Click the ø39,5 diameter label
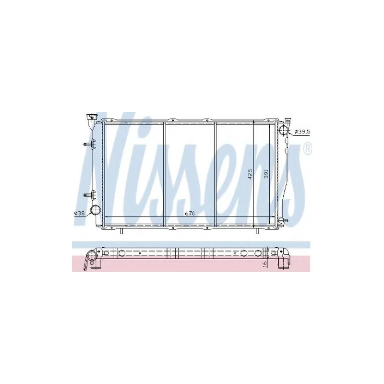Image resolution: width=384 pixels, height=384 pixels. pos(302,132)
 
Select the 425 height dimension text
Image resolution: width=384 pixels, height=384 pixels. pos(250,174)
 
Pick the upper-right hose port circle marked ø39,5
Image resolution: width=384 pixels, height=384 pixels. pos(283,131)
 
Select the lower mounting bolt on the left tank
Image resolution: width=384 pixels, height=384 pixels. pos(87,194)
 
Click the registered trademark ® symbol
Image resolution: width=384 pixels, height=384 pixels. pos(308,149)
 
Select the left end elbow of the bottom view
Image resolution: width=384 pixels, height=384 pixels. pos(91,260)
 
